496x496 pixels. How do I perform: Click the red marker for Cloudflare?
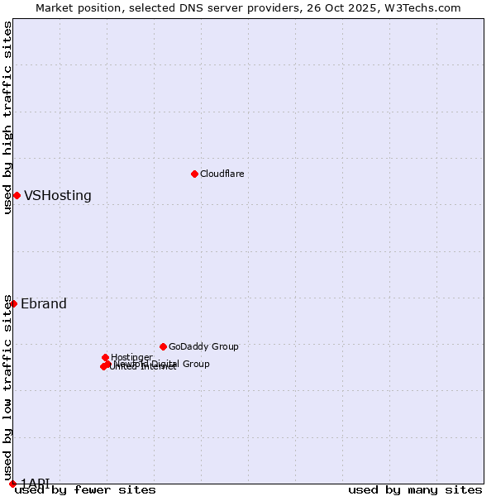(194, 174)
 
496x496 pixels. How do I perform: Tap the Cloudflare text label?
(222, 174)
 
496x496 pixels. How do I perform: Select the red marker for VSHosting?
(17, 195)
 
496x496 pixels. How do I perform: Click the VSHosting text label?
(58, 196)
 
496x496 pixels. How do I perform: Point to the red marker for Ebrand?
(13, 303)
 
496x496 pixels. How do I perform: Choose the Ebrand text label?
(44, 303)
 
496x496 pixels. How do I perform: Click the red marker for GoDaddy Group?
(163, 346)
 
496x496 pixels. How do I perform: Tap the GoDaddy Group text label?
(203, 346)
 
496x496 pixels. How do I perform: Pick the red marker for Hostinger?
(105, 357)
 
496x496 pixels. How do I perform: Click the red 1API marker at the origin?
(12, 484)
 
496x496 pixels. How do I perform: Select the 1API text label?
(35, 482)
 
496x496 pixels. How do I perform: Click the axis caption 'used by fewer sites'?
(85, 489)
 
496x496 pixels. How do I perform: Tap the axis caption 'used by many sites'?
(415, 489)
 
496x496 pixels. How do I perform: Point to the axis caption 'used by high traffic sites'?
(7, 117)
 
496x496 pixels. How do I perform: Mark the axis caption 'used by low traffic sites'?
(7, 389)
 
